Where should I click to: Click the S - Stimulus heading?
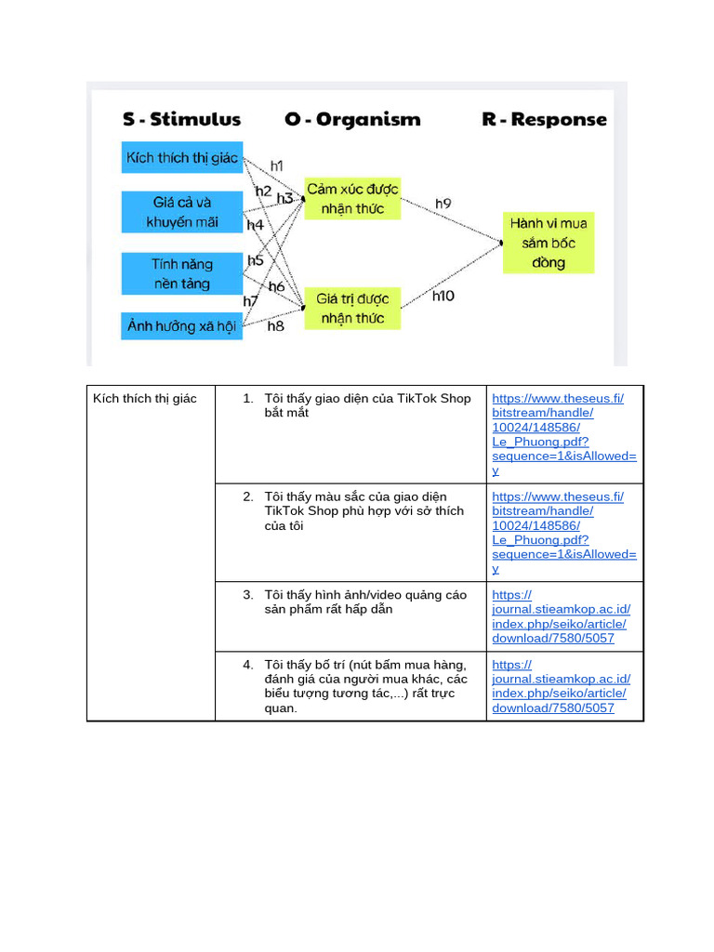[181, 119]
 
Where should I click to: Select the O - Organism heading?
[352, 119]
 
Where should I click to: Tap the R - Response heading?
[544, 119]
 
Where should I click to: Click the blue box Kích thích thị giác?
[182, 157]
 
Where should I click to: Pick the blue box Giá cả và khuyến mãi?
[182, 212]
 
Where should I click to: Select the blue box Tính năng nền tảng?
[182, 274]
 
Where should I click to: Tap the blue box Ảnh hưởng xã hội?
[182, 326]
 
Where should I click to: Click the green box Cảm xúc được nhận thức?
[352, 199]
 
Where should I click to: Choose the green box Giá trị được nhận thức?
[352, 309]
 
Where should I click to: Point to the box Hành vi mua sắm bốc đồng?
[549, 243]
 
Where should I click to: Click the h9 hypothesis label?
[443, 203]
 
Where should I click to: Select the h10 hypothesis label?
[443, 296]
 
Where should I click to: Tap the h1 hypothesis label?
[277, 165]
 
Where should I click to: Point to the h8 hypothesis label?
[276, 326]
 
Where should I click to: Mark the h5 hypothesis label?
[256, 260]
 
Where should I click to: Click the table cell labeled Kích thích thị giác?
[145, 399]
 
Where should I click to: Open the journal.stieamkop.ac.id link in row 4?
[561, 686]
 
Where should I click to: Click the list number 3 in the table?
[248, 595]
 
